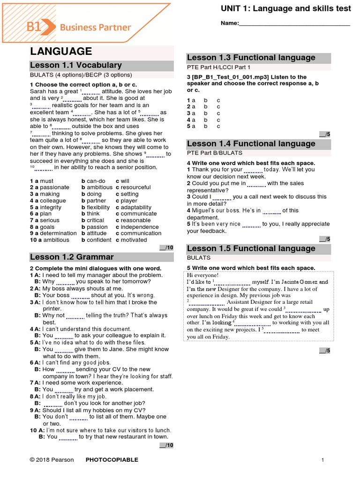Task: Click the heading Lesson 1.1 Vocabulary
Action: click(x=76, y=65)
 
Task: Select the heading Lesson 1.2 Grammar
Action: click(x=72, y=257)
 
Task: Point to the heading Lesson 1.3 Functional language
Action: click(x=251, y=58)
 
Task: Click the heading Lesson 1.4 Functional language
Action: click(x=251, y=144)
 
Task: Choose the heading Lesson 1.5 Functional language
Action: click(x=251, y=248)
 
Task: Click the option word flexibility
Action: click(x=98, y=207)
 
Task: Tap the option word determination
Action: click(x=58, y=233)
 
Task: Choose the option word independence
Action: click(x=140, y=227)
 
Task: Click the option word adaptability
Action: click(x=136, y=207)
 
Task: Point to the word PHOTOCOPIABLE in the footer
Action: click(x=112, y=460)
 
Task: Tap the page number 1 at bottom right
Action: click(x=323, y=460)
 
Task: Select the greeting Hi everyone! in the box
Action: click(x=202, y=275)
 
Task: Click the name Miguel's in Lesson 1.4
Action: click(x=204, y=210)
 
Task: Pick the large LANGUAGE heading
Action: click(x=61, y=51)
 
